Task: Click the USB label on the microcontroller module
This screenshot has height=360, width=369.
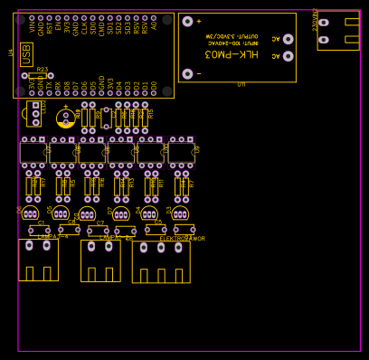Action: pos(26,54)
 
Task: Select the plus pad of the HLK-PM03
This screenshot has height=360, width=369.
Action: pos(187,22)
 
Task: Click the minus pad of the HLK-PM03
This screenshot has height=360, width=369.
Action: pos(187,73)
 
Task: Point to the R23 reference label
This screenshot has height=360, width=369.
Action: pos(43,70)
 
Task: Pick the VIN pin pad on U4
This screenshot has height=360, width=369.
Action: pos(32,17)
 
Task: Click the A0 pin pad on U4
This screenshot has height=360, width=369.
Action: pos(154,17)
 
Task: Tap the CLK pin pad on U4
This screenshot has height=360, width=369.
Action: pos(84,17)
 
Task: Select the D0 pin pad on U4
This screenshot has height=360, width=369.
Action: pos(154,93)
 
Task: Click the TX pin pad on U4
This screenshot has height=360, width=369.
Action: pos(49,93)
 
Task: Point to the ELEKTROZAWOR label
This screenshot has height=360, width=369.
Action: pos(182,239)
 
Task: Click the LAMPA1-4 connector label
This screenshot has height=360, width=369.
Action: pos(52,237)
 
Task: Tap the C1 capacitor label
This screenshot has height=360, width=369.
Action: pos(41,223)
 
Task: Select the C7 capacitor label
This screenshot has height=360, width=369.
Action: pos(99,223)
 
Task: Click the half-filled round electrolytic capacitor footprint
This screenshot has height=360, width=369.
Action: pos(65,118)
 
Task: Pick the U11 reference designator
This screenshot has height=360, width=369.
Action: pos(241,85)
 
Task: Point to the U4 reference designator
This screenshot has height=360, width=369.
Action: pos(11,53)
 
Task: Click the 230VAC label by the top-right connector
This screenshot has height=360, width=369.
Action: pos(315,20)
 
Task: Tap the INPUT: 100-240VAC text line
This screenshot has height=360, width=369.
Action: pos(232,43)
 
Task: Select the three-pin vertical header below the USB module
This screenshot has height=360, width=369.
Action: pos(35,114)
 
